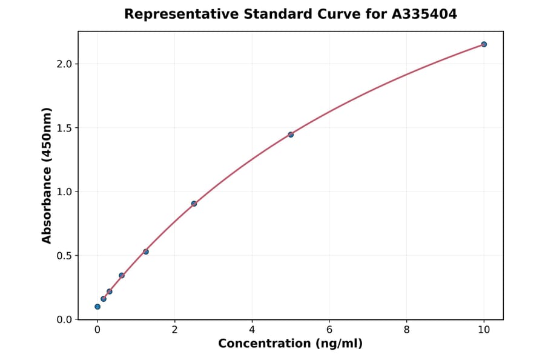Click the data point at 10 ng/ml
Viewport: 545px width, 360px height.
pos(484,44)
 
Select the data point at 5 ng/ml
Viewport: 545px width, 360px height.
pos(291,135)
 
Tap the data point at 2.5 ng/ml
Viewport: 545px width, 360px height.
pos(194,204)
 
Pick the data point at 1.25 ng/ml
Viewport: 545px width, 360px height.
pos(146,252)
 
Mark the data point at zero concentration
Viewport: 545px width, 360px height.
pos(97,307)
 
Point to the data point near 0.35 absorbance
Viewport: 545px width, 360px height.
pos(122,275)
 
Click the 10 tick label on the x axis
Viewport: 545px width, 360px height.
pos(484,330)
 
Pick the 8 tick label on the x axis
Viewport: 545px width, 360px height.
pos(406,330)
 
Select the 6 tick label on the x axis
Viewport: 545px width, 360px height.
pos(329,330)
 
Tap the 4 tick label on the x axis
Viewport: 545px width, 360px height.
pos(252,330)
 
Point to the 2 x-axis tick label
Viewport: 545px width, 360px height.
pos(174,330)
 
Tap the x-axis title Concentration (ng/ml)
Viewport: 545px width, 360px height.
pos(290,344)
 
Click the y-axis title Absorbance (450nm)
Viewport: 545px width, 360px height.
pos(47,175)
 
